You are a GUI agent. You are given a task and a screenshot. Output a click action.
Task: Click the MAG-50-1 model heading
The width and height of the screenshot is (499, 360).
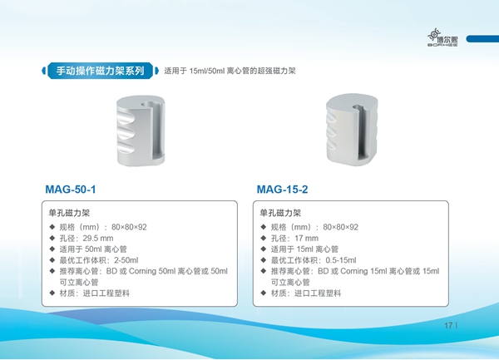(71, 190)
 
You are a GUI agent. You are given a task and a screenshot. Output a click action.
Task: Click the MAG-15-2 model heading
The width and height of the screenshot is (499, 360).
(282, 190)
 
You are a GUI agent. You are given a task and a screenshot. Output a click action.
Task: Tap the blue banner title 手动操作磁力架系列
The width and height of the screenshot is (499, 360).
(101, 71)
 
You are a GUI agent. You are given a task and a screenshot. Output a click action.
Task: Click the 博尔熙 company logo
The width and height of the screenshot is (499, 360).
(442, 38)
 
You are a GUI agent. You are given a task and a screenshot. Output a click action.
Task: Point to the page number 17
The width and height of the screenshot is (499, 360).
(448, 325)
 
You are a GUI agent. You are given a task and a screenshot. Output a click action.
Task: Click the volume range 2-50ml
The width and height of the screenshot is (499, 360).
(126, 260)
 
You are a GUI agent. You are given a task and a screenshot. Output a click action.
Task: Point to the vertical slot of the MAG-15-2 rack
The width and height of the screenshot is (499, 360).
(364, 134)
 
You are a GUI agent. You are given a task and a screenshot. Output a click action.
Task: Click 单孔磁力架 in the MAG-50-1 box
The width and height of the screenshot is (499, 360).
(69, 213)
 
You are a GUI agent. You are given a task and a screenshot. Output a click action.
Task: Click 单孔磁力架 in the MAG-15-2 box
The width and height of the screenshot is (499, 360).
(280, 213)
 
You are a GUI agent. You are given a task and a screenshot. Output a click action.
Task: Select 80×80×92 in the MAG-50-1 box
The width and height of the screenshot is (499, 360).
(129, 227)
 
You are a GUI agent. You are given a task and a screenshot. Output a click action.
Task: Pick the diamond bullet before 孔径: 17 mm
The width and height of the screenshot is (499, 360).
(263, 238)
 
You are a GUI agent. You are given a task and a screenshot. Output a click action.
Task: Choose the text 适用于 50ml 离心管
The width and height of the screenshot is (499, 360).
(93, 249)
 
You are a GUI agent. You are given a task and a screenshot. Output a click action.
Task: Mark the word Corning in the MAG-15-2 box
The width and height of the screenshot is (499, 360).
(354, 271)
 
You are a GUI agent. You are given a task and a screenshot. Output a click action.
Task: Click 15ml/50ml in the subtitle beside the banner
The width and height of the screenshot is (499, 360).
(207, 71)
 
